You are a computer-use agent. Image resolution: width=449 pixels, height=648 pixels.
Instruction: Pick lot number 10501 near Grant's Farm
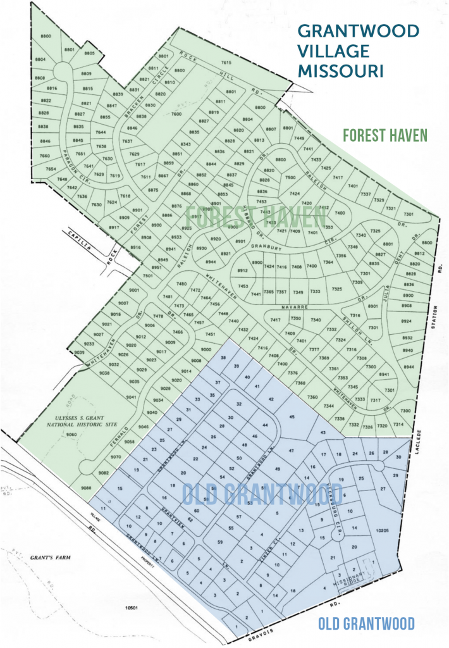[131, 608]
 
